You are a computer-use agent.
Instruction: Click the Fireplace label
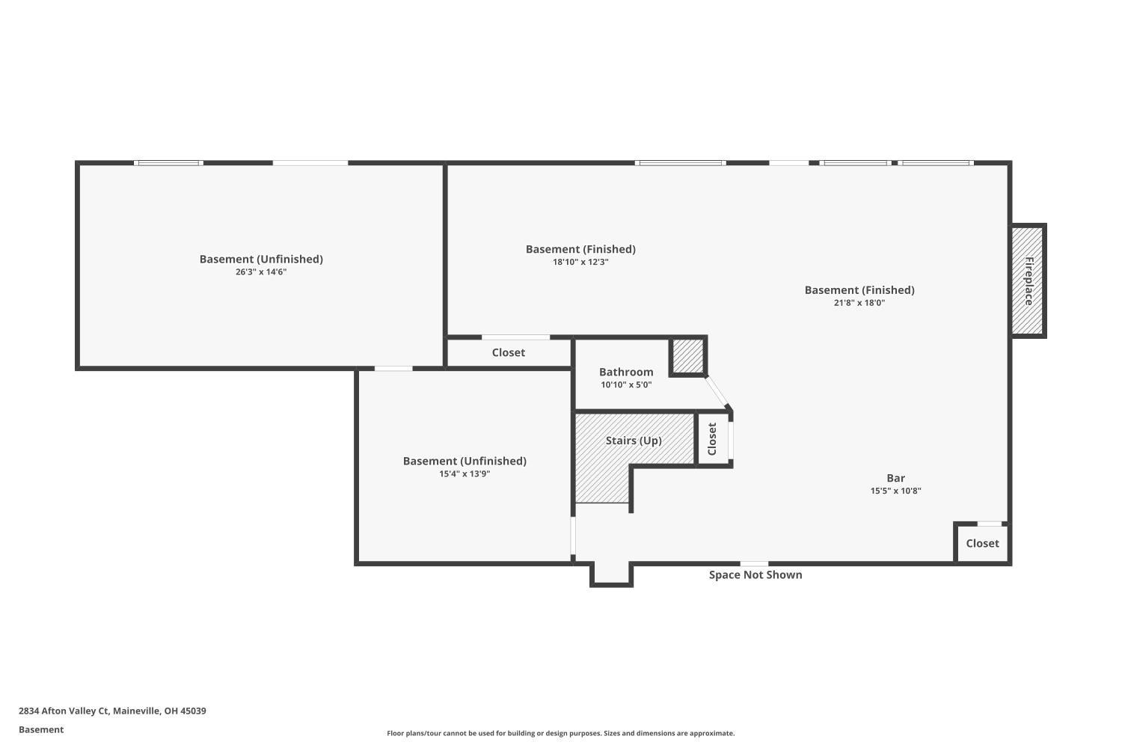[1028, 280]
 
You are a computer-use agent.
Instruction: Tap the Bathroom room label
[626, 372]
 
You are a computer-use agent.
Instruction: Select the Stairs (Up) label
[634, 441]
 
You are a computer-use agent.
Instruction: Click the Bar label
[895, 478]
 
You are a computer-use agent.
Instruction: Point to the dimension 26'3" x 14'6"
[261, 272]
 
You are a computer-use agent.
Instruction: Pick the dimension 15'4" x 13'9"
[465, 474]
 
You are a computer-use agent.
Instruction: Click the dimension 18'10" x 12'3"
[580, 263]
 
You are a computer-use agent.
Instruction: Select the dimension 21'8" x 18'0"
[859, 303]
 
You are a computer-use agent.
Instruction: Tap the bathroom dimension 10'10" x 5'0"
[626, 385]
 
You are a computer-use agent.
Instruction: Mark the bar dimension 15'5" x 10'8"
[895, 491]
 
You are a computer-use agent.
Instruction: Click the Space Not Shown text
[755, 575]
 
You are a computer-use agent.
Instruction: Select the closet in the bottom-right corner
[982, 544]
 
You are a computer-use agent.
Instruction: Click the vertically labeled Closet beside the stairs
[712, 439]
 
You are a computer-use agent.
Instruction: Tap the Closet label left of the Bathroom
[509, 352]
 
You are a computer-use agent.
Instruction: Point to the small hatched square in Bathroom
[687, 356]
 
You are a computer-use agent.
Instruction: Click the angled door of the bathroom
[718, 393]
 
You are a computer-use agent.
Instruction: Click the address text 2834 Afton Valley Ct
[112, 711]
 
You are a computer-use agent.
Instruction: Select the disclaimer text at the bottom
[560, 734]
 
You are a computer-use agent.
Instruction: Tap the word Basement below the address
[41, 730]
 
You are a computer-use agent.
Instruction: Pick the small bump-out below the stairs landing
[612, 574]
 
